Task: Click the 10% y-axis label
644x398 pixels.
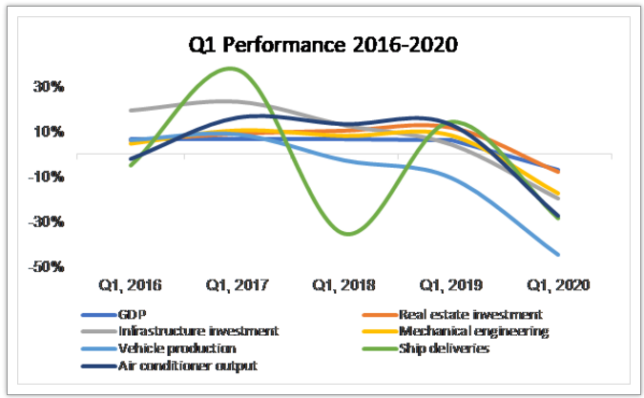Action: (x=51, y=132)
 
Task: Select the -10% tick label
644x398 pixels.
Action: (x=49, y=177)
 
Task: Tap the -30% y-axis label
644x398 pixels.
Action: (x=49, y=221)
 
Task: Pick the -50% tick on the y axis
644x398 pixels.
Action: (x=49, y=266)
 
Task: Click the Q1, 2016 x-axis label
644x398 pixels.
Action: (x=132, y=284)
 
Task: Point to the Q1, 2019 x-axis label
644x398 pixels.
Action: (x=450, y=284)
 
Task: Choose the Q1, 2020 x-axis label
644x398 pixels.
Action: (x=558, y=284)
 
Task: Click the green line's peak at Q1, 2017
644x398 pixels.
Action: (x=230, y=69)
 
